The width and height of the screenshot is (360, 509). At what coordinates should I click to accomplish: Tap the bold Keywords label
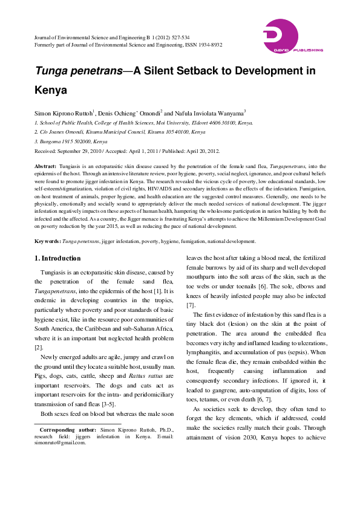click(47, 241)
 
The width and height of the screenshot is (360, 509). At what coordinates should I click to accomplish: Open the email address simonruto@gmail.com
click(60, 442)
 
